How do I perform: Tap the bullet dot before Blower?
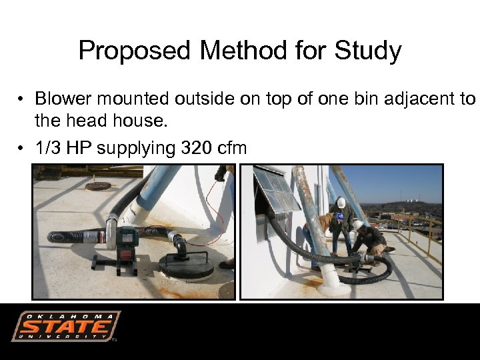[22, 99]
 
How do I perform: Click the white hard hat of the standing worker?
[341, 202]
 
